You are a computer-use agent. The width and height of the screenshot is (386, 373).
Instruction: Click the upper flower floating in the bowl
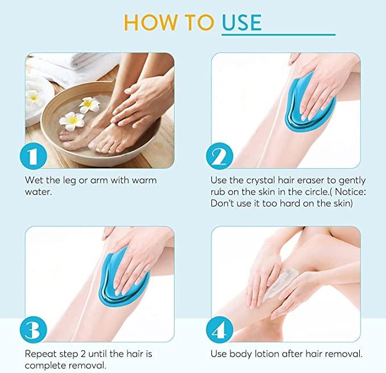(x=89, y=103)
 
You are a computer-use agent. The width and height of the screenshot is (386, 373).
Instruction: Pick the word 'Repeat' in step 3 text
(x=40, y=354)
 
